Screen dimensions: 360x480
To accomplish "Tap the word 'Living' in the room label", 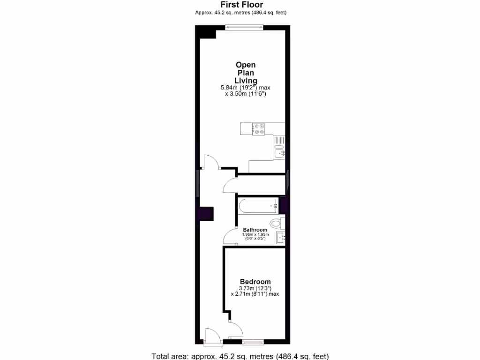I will click(246, 81).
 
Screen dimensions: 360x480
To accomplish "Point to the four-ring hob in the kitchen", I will click(259, 129).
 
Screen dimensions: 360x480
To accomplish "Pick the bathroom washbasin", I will click(281, 238).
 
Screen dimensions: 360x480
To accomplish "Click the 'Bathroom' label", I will click(255, 230).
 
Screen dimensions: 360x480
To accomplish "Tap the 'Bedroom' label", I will click(255, 281).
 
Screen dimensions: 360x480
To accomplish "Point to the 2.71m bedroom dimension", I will click(255, 294).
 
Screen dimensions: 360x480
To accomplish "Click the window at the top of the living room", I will click(244, 27).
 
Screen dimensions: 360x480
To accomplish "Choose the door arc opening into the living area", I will click(212, 161).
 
